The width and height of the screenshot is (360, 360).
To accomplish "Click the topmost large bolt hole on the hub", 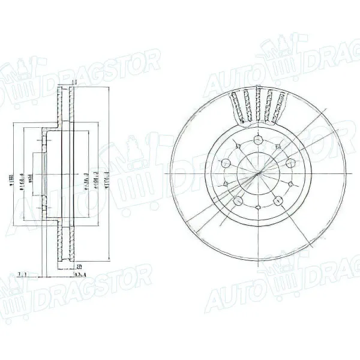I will click(257, 140).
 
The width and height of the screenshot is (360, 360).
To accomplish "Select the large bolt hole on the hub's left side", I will click(226, 163).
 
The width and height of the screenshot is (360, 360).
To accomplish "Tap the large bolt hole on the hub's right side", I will click(289, 163).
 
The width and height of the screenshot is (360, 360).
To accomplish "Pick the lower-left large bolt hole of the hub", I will click(238, 200).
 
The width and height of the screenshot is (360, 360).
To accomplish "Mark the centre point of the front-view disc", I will click(257, 173).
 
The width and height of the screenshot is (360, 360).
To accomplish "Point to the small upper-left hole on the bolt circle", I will click(238, 146).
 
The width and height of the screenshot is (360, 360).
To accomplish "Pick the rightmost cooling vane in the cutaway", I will click(277, 105).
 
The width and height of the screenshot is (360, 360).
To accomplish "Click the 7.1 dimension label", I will click(22, 274).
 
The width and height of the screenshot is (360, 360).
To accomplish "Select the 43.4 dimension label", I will click(79, 274).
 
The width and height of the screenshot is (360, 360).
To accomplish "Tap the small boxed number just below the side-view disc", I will click(79, 266).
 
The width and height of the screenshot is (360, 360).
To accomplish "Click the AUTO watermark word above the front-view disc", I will click(225, 83).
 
